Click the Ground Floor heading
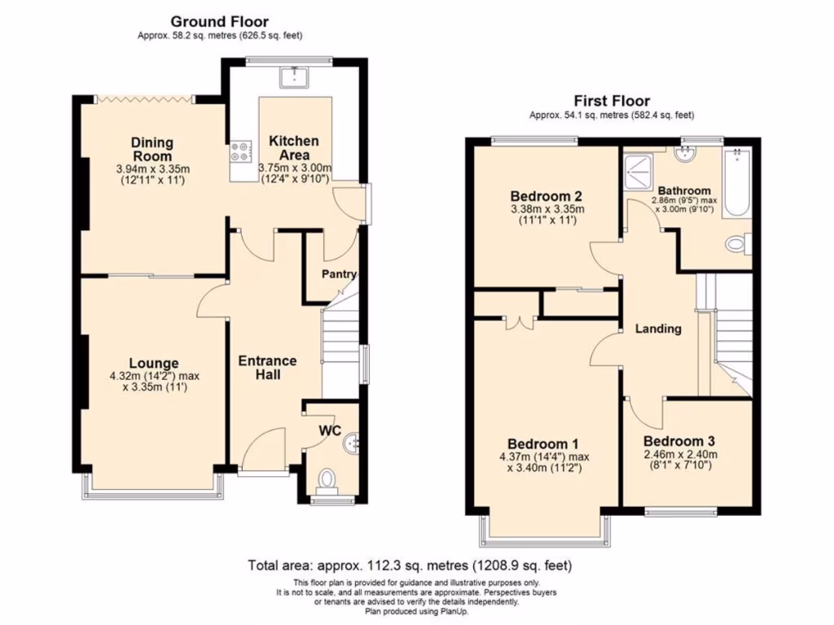pyautogui.click(x=219, y=21)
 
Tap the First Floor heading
pyautogui.click(x=612, y=101)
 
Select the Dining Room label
pyautogui.click(x=151, y=149)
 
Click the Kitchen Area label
pyautogui.click(x=294, y=147)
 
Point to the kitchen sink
pyautogui.click(x=291, y=76)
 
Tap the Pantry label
pyautogui.click(x=339, y=274)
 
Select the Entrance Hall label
pyautogui.click(x=267, y=367)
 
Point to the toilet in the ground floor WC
pyautogui.click(x=329, y=479)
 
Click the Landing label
pyautogui.click(x=659, y=329)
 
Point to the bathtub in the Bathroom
pyautogui.click(x=736, y=182)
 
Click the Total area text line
pyautogui.click(x=415, y=565)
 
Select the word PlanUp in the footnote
pyautogui.click(x=451, y=611)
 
